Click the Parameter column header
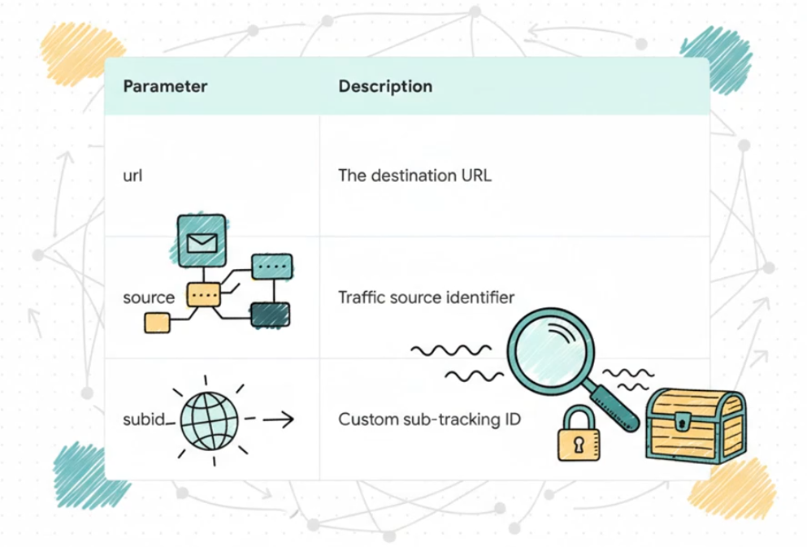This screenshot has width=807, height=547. click(165, 86)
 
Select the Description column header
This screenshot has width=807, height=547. click(385, 86)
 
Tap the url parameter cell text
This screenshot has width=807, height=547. click(132, 175)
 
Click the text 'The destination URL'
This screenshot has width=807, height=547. click(414, 175)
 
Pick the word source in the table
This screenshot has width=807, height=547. click(149, 297)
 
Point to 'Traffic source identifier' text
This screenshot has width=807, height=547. click(426, 297)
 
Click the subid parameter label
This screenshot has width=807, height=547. click(144, 420)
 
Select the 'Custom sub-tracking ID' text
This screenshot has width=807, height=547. click(429, 420)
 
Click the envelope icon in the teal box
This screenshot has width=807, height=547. click(201, 242)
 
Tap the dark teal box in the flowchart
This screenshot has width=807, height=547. click(271, 315)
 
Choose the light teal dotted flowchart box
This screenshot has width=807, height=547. click(271, 266)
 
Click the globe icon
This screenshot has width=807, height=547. click(209, 419)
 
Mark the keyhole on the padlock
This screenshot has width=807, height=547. click(579, 445)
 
